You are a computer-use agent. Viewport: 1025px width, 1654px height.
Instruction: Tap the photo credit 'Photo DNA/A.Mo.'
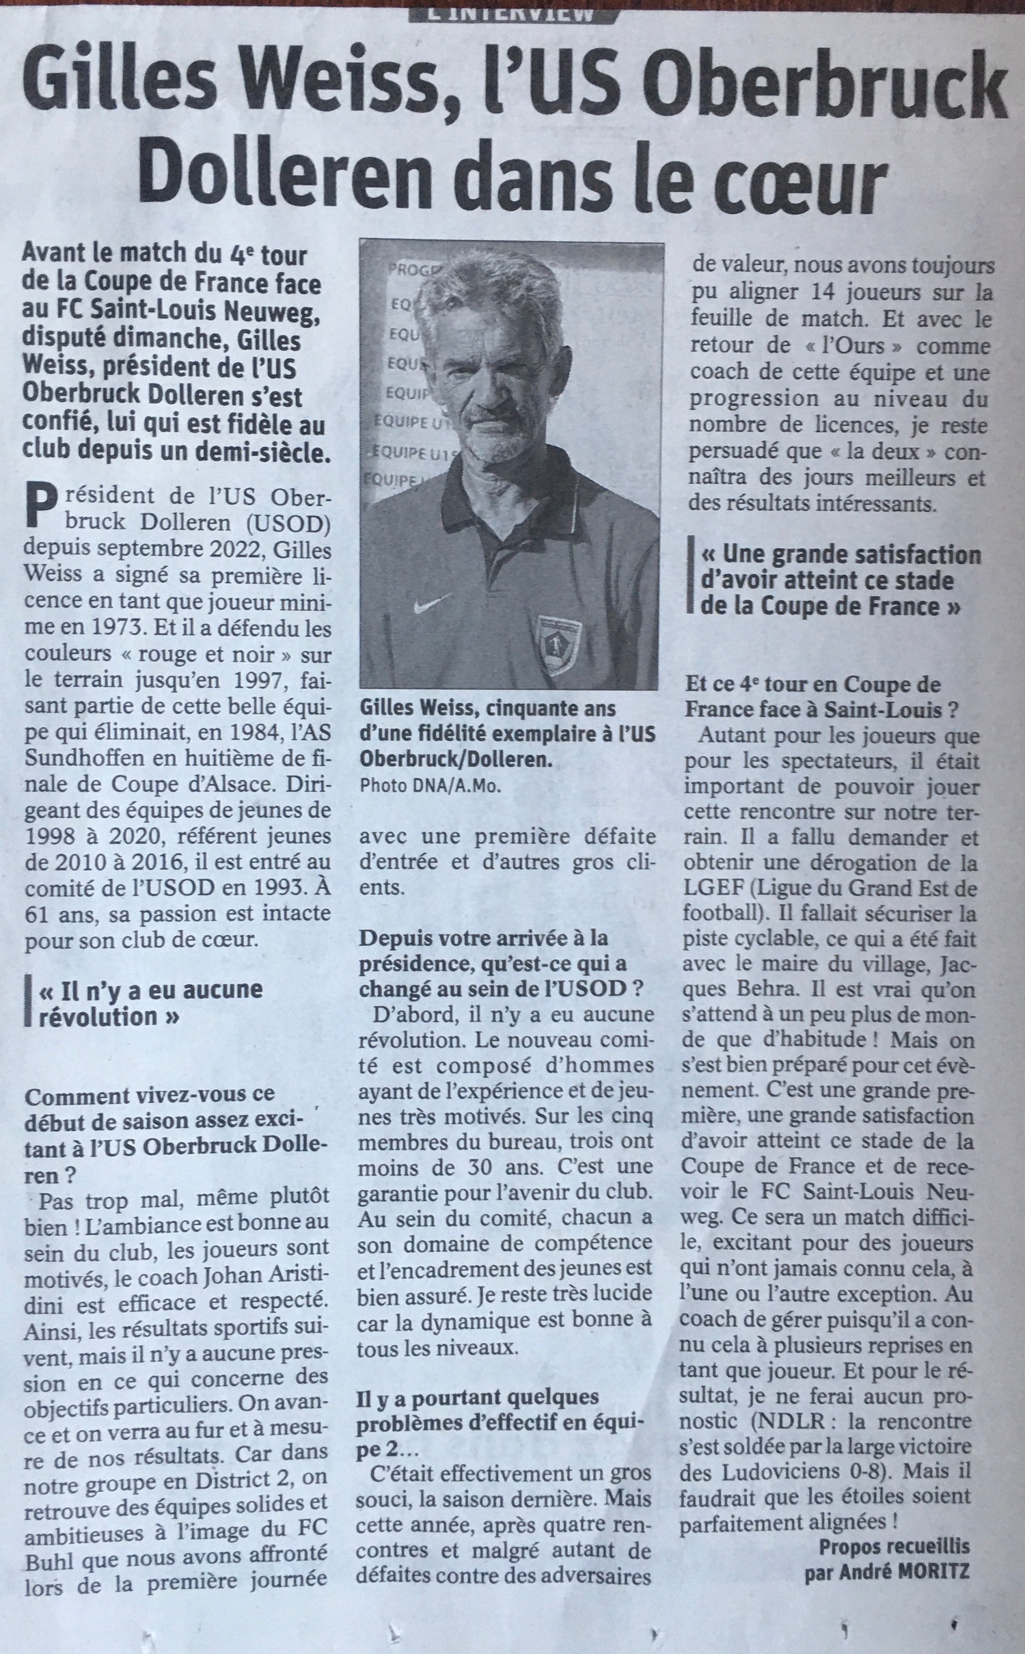[430, 787]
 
